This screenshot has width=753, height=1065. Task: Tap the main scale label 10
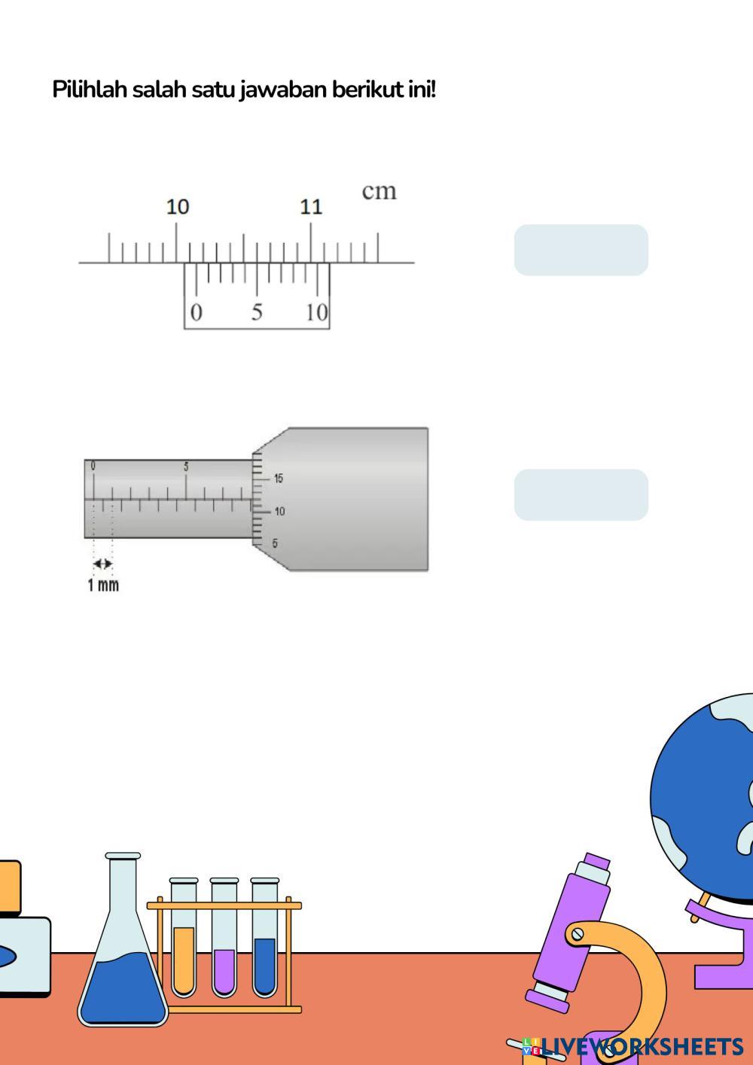point(178,207)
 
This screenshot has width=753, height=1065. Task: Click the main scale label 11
point(311,207)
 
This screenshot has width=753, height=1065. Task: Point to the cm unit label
point(379,191)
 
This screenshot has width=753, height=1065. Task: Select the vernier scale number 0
point(196,312)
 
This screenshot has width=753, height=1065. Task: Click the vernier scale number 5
point(257,312)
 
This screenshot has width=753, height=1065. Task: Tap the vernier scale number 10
point(317,312)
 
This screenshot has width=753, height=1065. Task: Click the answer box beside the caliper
point(581,250)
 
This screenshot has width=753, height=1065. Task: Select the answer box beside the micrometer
point(581,495)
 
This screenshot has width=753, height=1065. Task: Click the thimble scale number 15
point(279,478)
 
